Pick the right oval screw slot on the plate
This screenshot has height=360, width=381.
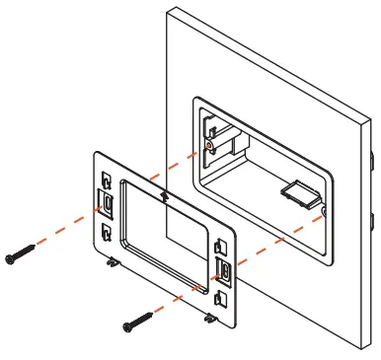click(x=225, y=272)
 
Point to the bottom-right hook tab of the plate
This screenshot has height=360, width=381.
click(x=211, y=319)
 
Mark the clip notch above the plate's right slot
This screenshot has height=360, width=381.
click(x=223, y=245)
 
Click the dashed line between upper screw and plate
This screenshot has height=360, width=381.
click(x=69, y=229)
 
